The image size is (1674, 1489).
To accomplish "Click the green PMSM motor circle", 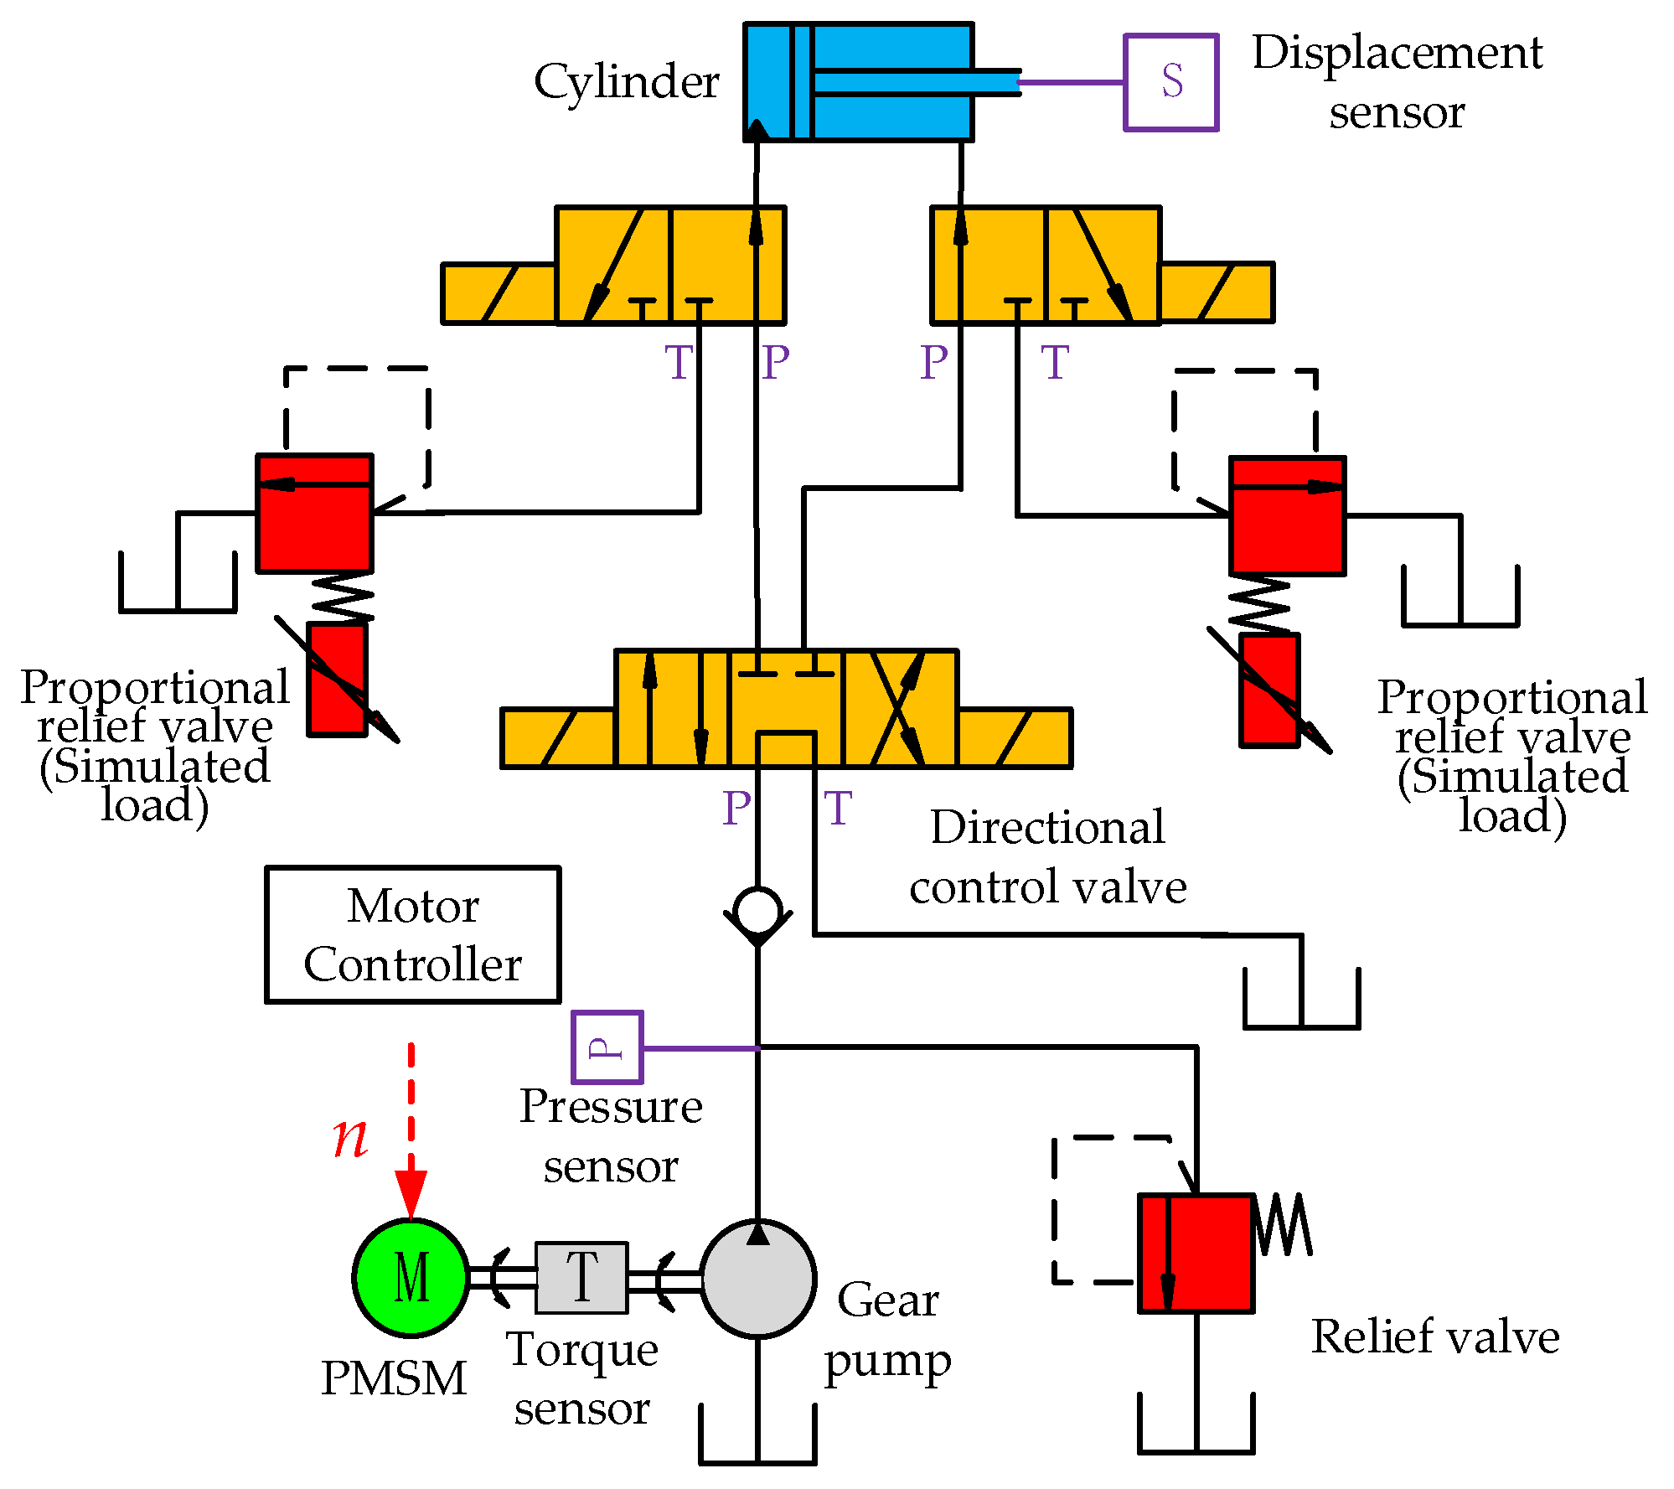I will [x=411, y=1277].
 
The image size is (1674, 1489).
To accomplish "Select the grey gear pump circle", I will [x=757, y=1278].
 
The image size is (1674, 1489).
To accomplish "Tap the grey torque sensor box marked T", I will [x=581, y=1277].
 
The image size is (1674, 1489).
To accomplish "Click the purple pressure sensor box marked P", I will [x=607, y=1047].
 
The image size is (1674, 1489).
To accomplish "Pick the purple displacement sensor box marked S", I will [x=1170, y=82].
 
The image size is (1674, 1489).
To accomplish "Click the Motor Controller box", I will [x=412, y=934].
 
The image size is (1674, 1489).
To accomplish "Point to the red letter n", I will [x=350, y=1137].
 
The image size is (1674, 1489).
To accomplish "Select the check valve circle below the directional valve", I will [x=757, y=912].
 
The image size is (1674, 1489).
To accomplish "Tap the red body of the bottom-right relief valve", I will [x=1196, y=1253].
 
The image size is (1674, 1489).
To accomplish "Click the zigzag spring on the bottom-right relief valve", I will [x=1284, y=1225].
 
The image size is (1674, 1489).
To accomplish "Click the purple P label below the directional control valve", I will [x=736, y=809].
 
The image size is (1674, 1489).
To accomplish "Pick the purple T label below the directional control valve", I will [x=838, y=809].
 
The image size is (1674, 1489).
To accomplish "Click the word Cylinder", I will [x=626, y=82].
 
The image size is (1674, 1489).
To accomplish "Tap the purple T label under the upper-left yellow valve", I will [x=679, y=363].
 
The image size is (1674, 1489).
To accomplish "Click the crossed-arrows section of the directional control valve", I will [x=899, y=708].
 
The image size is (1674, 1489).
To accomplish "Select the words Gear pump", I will [x=888, y=1330].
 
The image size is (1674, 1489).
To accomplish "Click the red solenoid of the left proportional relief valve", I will [x=337, y=679].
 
